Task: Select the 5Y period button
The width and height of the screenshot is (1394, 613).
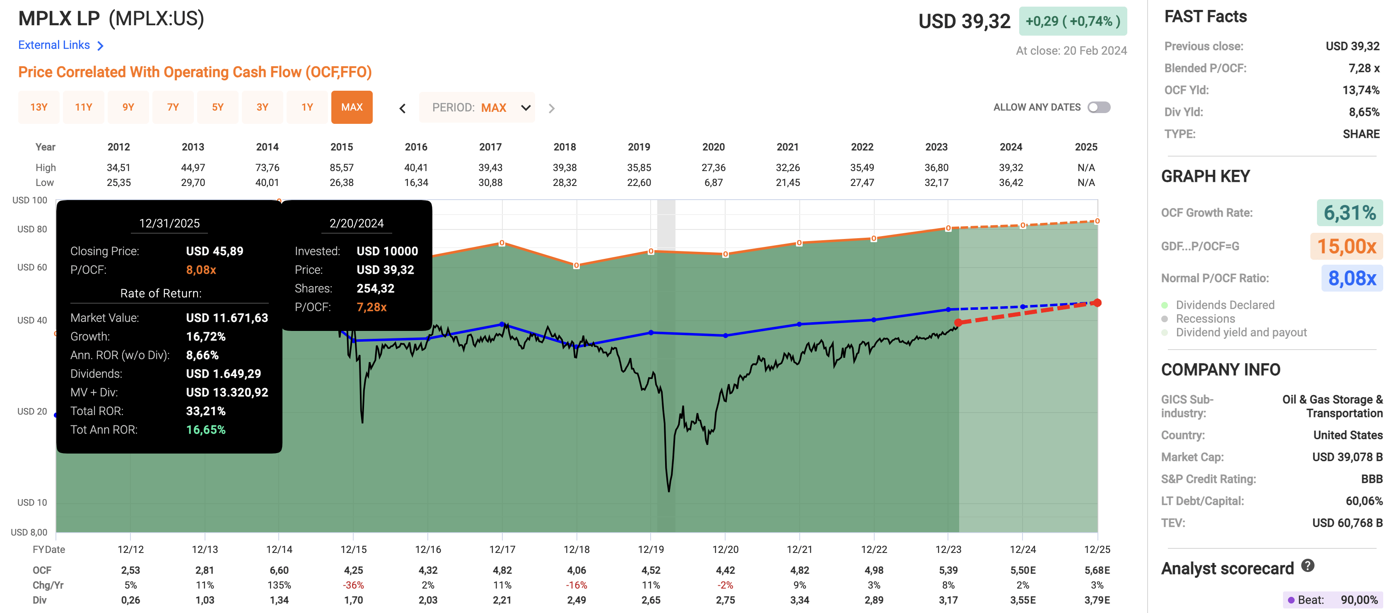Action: pos(217,107)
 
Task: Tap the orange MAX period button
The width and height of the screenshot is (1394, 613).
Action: pos(352,107)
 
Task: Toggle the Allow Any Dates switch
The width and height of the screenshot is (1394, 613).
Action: pos(1099,107)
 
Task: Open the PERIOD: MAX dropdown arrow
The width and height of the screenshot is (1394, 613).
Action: pos(526,108)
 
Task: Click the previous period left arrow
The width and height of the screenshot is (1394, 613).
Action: pos(403,108)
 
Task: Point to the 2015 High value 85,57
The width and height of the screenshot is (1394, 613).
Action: pos(342,168)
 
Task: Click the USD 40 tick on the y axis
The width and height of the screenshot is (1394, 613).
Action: pos(32,320)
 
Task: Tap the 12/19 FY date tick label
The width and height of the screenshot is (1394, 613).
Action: pos(651,549)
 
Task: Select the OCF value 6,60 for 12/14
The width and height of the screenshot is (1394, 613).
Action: pos(279,570)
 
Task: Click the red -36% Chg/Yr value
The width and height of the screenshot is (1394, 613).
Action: pos(353,585)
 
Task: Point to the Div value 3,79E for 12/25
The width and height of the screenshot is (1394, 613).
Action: pos(1097,600)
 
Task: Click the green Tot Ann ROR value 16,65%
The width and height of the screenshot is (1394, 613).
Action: pos(206,430)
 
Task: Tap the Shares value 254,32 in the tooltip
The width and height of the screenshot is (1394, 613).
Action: pos(375,288)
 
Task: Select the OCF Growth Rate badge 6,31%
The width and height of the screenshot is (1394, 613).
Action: pos(1349,212)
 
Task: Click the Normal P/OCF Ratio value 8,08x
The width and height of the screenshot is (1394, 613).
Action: pos(1351,278)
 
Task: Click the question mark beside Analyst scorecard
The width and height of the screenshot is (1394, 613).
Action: pos(1307,566)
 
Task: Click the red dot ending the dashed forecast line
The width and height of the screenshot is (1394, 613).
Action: pos(1097,302)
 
